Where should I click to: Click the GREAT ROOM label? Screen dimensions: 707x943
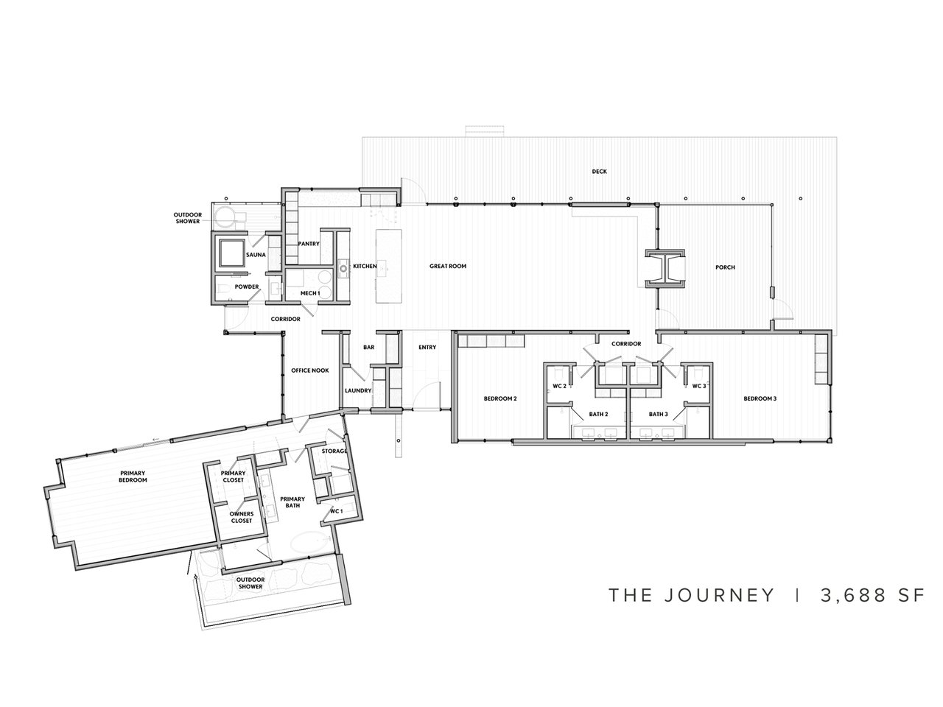point(448,267)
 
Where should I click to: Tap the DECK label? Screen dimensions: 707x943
point(599,172)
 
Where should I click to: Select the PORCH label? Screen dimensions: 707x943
point(725,267)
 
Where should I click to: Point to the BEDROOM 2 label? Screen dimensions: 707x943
point(500,398)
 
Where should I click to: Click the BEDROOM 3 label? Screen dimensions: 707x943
point(760,398)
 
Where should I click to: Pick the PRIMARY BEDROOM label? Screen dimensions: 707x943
point(133,476)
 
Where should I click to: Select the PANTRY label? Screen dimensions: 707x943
point(307,244)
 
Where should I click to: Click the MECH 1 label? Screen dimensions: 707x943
point(309,293)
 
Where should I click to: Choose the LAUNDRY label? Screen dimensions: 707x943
point(358,391)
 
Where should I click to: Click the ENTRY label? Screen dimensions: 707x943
point(427,348)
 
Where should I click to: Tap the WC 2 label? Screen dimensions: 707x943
point(559,386)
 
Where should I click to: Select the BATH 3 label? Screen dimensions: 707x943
point(658,415)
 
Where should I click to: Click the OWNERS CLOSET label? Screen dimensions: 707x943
point(241,517)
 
